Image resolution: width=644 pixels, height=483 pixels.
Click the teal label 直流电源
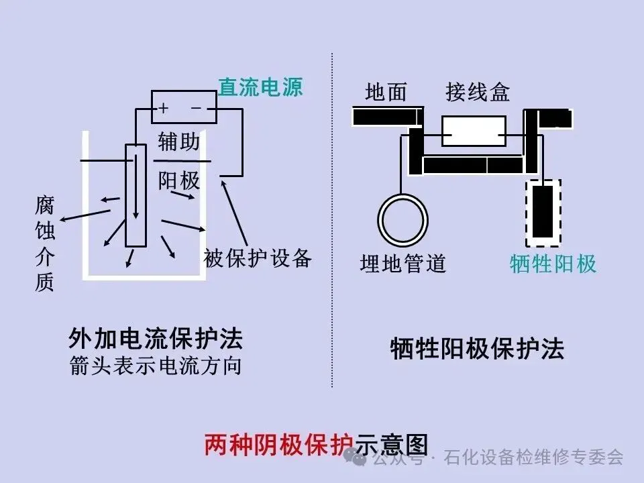pos(260,87)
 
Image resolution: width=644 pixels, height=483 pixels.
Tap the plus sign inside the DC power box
pos(163,108)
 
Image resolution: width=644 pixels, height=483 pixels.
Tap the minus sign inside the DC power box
pos(197,107)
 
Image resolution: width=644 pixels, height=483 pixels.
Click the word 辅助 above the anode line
pos(179,142)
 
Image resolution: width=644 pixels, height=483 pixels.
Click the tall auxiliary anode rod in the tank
pos(136,195)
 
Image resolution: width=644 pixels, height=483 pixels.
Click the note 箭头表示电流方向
pos(156,367)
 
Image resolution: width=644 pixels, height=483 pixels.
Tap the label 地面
pos(386,93)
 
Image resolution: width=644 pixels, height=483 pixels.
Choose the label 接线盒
pos(478,93)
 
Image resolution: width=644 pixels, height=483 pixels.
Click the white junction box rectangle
pos(474,131)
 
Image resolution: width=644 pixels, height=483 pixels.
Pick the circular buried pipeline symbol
pos(402,220)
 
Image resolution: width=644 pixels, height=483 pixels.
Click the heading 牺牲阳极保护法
pos(478,349)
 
